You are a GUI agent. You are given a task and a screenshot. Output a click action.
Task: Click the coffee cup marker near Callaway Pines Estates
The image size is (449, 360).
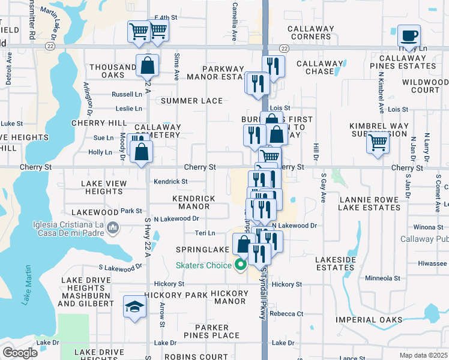pyautogui.click(x=409, y=35)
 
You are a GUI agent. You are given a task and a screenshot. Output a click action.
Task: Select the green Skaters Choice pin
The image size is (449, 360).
pyautogui.click(x=240, y=265)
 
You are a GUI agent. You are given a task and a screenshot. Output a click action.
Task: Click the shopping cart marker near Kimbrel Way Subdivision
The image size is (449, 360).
pyautogui.click(x=378, y=143)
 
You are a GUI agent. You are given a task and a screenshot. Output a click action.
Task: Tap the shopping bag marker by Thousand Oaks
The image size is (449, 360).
pyautogui.click(x=147, y=65)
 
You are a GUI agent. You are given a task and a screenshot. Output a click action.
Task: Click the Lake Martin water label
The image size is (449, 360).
pyautogui.click(x=26, y=286)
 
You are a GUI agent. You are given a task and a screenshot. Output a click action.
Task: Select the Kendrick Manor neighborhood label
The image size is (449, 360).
pyautogui.click(x=193, y=202)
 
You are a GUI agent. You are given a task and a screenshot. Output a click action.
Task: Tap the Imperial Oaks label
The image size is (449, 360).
pyautogui.click(x=369, y=320)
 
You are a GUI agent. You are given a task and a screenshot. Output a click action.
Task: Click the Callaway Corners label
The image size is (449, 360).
pyautogui.click(x=310, y=32)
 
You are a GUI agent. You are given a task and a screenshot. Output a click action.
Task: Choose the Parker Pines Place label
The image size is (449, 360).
pyautogui.click(x=208, y=331)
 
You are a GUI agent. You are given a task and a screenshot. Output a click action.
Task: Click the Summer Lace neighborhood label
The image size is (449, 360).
pyautogui.click(x=191, y=101)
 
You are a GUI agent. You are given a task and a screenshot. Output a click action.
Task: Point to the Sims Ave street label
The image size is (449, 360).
pyautogui.click(x=176, y=67)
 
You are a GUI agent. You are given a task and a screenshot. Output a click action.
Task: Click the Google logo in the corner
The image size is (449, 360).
pyautogui.click(x=20, y=353)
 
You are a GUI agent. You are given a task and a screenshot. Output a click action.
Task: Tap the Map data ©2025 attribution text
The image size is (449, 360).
pyautogui.click(x=424, y=355)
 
